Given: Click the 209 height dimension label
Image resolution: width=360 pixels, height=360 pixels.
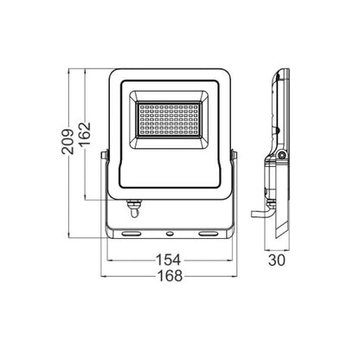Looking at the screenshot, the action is (x=67, y=141).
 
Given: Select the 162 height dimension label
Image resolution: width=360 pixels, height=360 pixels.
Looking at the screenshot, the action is (x=85, y=134).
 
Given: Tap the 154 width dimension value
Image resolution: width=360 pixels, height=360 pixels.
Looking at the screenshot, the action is (x=169, y=260).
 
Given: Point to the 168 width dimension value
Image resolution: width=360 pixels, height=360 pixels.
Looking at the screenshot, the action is (x=170, y=276).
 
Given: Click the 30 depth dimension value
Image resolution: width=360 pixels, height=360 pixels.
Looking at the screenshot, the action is (x=277, y=260).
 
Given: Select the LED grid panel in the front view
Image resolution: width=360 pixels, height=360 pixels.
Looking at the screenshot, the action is (x=169, y=119).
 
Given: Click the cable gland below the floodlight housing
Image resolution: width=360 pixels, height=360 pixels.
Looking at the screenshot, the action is (x=134, y=209).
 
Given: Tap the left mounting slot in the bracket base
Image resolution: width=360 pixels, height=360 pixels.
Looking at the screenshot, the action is (x=132, y=233).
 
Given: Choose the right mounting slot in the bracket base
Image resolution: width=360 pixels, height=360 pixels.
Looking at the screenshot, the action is (x=209, y=233).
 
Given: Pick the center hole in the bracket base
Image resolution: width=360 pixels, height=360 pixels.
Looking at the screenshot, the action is (x=170, y=233).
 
